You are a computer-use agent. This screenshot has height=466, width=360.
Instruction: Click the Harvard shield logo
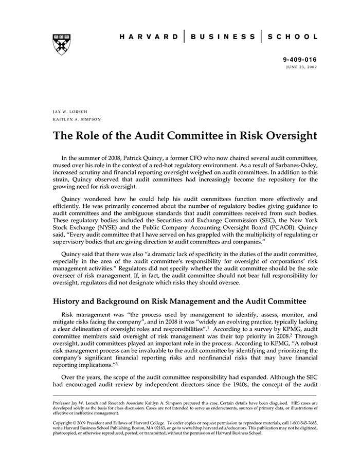pos(61,45)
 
